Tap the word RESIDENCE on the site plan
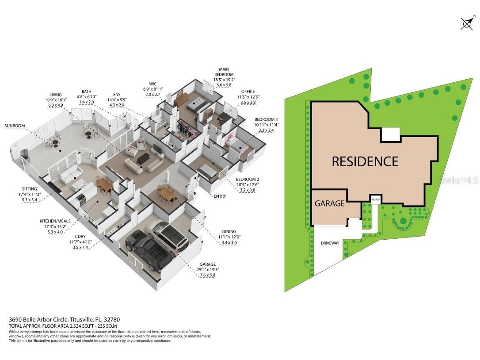click(365, 161)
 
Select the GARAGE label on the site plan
click(329, 203)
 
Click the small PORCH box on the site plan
click(375, 200)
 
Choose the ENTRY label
click(219, 196)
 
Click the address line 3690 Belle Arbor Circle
click(65, 319)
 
